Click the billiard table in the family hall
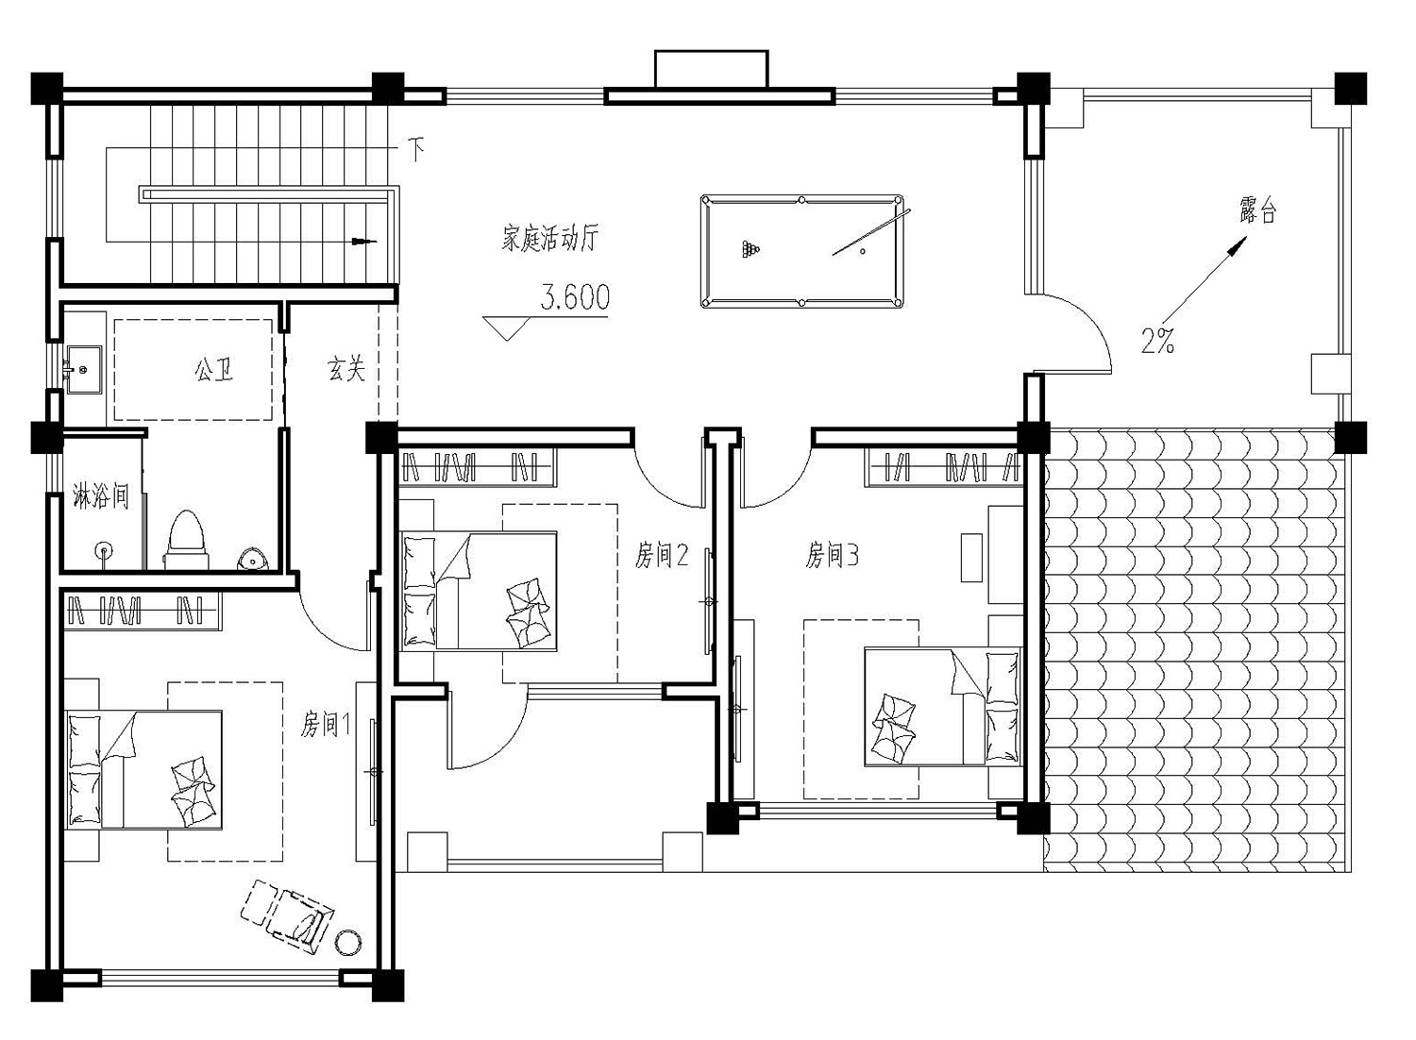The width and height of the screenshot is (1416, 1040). [x=801, y=251]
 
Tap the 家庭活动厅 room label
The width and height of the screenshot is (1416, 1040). [x=549, y=238]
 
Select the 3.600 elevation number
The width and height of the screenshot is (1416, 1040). [x=575, y=297]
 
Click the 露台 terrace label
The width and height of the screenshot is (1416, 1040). [x=1257, y=210]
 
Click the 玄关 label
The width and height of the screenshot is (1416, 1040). [x=346, y=368]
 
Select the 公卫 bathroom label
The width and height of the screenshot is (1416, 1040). [x=213, y=369]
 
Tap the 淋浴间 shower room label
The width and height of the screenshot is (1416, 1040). [x=101, y=496]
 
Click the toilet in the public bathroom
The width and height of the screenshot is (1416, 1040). [x=186, y=540]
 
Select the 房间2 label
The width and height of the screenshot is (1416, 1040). [x=662, y=555]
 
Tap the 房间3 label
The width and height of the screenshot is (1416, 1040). [x=832, y=555]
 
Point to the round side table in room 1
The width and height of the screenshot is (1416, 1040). [x=347, y=943]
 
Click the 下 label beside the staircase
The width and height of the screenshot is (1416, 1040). [x=415, y=149]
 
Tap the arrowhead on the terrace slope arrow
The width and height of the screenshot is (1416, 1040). [x=1238, y=245]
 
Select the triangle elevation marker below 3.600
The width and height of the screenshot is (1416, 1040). [x=506, y=327]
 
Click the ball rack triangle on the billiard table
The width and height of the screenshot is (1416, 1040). [x=751, y=249]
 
